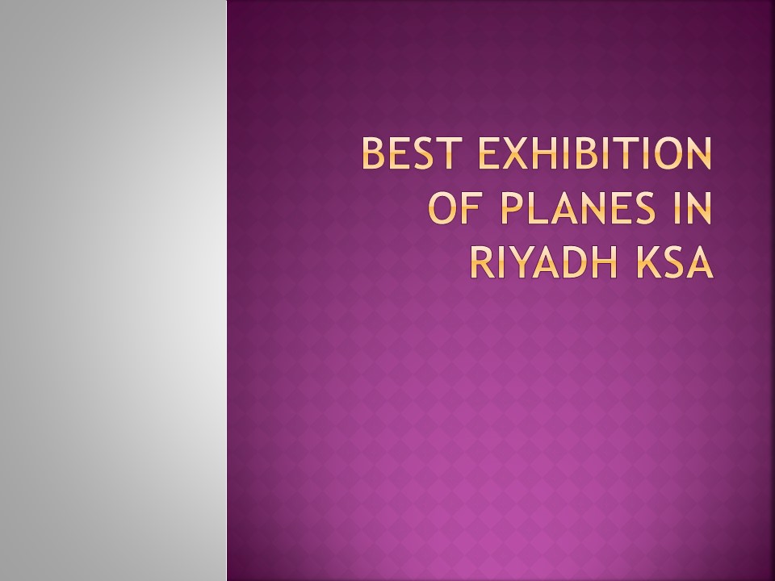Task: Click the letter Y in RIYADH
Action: pyautogui.click(x=525, y=261)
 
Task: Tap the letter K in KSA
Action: pyautogui.click(x=646, y=261)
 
